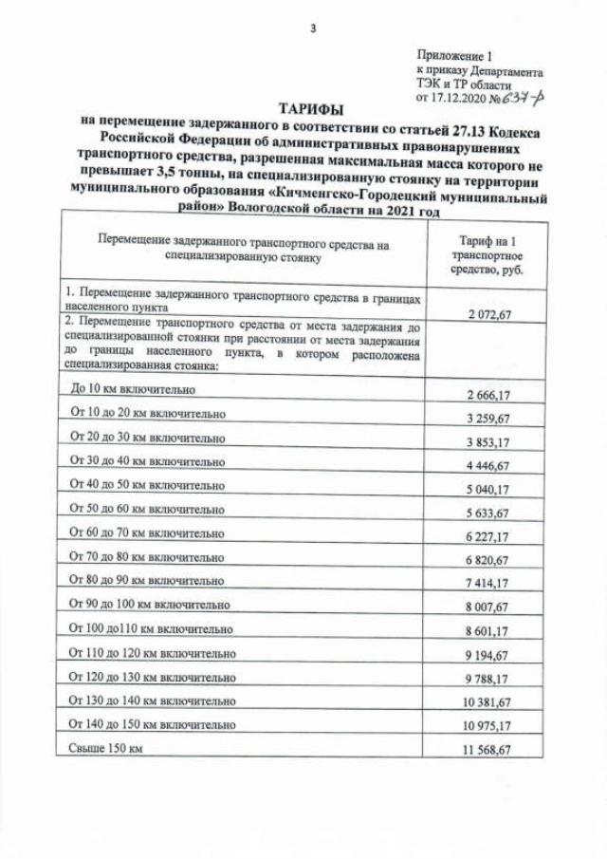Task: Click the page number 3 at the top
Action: [x=312, y=28]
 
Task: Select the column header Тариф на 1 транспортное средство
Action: [x=487, y=256]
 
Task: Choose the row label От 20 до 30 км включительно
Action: [x=147, y=439]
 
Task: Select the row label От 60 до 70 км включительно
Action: [x=147, y=532]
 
